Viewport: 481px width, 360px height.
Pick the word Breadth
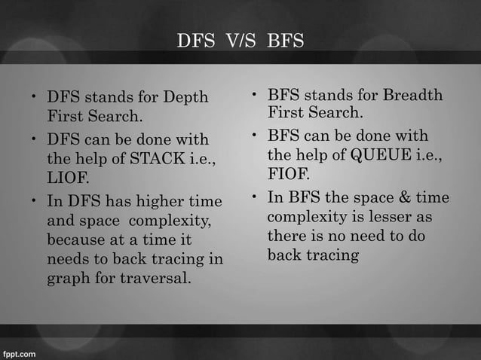coord(413,95)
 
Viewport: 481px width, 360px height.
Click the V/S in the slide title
coord(237,41)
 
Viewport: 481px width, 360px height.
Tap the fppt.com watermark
coord(20,352)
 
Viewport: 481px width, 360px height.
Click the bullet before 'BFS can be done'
coord(256,136)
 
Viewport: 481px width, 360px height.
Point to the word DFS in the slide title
coord(193,41)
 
